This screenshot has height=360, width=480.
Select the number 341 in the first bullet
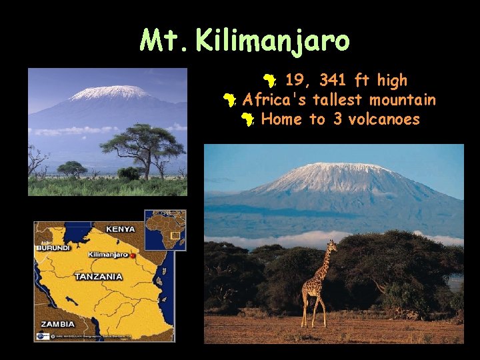click(333, 81)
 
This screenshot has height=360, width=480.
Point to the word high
click(392, 81)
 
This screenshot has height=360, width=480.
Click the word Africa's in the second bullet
click(269, 100)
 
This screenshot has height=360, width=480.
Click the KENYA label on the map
click(119, 229)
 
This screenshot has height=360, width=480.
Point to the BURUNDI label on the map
click(53, 247)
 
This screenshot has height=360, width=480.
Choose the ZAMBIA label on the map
click(57, 324)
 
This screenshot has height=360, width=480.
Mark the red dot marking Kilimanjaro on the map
click(133, 255)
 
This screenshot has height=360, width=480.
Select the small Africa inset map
click(165, 230)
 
